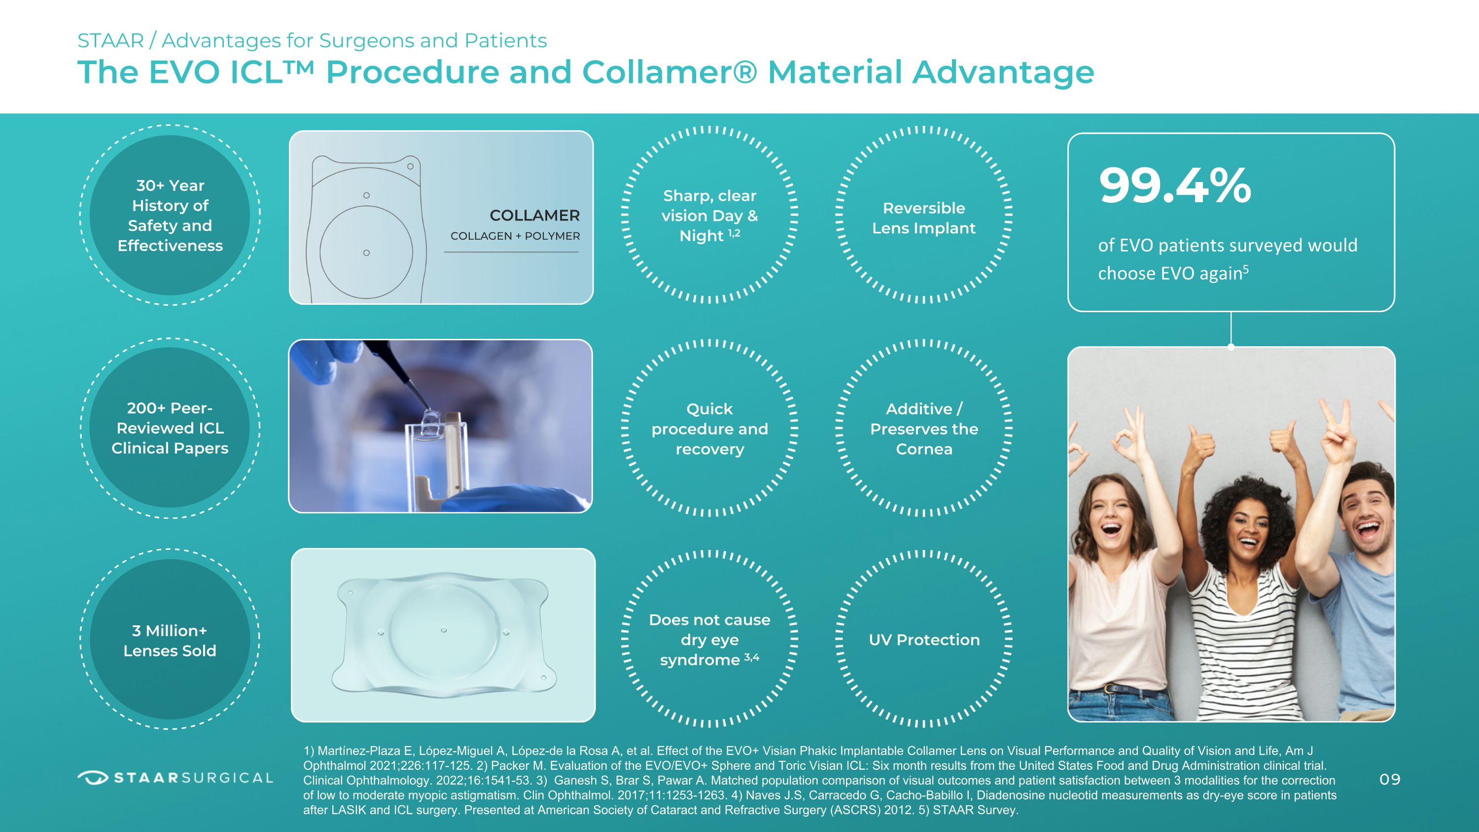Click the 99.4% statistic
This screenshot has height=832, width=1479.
[x=1175, y=185]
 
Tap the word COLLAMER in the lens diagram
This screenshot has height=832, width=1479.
[x=534, y=216]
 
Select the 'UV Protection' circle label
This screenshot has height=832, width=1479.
[x=924, y=640]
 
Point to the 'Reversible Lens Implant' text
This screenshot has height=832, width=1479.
[x=924, y=218]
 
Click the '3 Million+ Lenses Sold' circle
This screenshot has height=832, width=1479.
[x=170, y=640]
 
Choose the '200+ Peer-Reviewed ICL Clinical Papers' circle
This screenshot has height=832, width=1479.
[x=170, y=428]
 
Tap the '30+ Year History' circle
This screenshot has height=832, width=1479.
[x=170, y=216]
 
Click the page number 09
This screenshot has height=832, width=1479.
[x=1390, y=779]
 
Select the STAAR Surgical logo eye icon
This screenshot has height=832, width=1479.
[x=93, y=778]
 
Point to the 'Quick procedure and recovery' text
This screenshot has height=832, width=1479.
[x=709, y=429]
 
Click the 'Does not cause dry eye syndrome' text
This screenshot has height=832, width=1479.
[x=709, y=640]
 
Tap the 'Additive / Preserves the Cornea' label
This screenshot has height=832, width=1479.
[x=924, y=429]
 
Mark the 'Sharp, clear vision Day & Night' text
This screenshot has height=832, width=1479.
[x=709, y=216]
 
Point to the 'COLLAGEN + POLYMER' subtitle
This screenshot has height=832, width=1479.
[x=515, y=236]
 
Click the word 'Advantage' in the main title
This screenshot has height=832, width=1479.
[x=1003, y=73]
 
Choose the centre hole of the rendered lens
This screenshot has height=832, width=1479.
[x=444, y=630]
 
